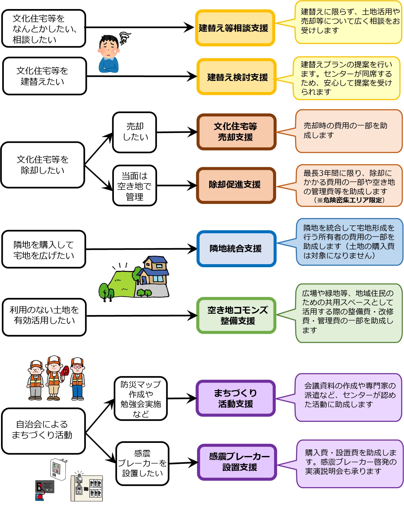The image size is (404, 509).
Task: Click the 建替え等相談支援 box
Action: pos(235,28)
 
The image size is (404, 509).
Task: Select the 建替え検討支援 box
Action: pos(236,77)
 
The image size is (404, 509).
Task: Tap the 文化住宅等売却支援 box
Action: pos(236,132)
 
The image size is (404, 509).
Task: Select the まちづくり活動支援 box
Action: pos(236,398)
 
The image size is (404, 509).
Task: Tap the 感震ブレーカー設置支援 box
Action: pos(237,462)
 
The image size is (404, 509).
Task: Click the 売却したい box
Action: pos(134,132)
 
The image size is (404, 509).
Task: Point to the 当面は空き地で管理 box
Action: pos(134,186)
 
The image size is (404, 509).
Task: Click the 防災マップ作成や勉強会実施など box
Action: pos(141,398)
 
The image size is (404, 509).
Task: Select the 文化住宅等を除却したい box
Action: pos(42,165)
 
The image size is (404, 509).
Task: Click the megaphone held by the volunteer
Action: pos(65,371)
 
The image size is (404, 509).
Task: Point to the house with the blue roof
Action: pos(154,271)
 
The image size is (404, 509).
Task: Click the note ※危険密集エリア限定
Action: pos(349,200)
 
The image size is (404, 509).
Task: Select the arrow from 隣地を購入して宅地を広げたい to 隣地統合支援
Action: pos(141,249)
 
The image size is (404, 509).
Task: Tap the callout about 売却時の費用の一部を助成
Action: pos(349,131)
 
